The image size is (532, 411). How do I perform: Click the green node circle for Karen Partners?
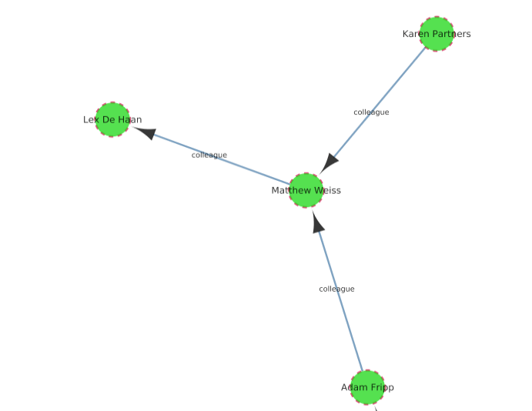pos(437,34)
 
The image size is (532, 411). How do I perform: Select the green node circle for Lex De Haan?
pos(112,119)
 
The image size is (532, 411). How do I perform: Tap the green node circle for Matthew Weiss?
pos(306,190)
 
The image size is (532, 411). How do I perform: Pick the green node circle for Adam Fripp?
pos(367,387)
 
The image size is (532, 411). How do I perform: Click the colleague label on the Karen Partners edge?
pos(371,112)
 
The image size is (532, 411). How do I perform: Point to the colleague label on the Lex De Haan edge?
pos(209,155)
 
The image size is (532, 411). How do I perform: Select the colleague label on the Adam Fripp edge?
pos(336,289)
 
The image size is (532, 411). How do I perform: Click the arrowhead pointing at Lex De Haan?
pos(145,132)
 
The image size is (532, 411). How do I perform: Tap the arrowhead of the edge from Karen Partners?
pos(330,162)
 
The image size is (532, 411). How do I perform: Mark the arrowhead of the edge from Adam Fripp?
pos(318,224)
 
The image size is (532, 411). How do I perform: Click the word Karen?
pos(415,34)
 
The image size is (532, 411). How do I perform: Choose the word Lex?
pos(91,120)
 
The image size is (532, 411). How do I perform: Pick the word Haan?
pos(130,120)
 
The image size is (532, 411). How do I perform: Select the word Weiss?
pos(327,190)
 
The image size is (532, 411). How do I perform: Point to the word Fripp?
pos(381,387)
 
